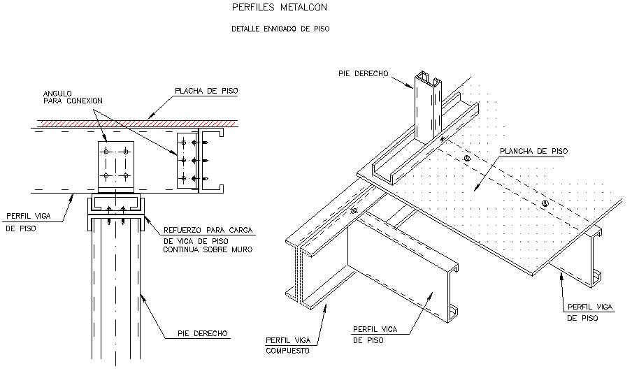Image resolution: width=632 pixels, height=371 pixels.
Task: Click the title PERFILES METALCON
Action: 280,7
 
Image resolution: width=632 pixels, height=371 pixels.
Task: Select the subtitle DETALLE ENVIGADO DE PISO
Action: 280,29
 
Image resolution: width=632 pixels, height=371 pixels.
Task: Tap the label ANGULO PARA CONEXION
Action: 73,97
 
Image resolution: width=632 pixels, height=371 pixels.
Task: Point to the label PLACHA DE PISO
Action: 206,91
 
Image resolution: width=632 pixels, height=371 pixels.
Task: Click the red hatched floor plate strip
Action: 137,123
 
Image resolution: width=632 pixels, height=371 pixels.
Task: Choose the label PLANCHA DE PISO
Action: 533,151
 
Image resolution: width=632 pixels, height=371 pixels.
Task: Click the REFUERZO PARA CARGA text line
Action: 208,230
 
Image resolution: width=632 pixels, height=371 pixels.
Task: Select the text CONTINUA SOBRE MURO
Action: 208,249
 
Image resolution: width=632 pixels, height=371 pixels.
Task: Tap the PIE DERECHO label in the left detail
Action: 202,333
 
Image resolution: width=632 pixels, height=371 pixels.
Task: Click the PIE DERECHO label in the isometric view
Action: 363,74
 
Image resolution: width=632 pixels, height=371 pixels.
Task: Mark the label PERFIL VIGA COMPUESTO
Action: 288,346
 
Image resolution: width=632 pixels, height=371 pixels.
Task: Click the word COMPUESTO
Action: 287,351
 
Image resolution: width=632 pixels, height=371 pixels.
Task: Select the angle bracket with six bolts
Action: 188,160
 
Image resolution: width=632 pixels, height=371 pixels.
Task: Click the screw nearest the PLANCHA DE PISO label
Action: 467,159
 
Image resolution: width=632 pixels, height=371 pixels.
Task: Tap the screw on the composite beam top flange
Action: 354,210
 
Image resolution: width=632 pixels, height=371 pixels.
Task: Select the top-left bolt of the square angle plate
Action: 106,152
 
